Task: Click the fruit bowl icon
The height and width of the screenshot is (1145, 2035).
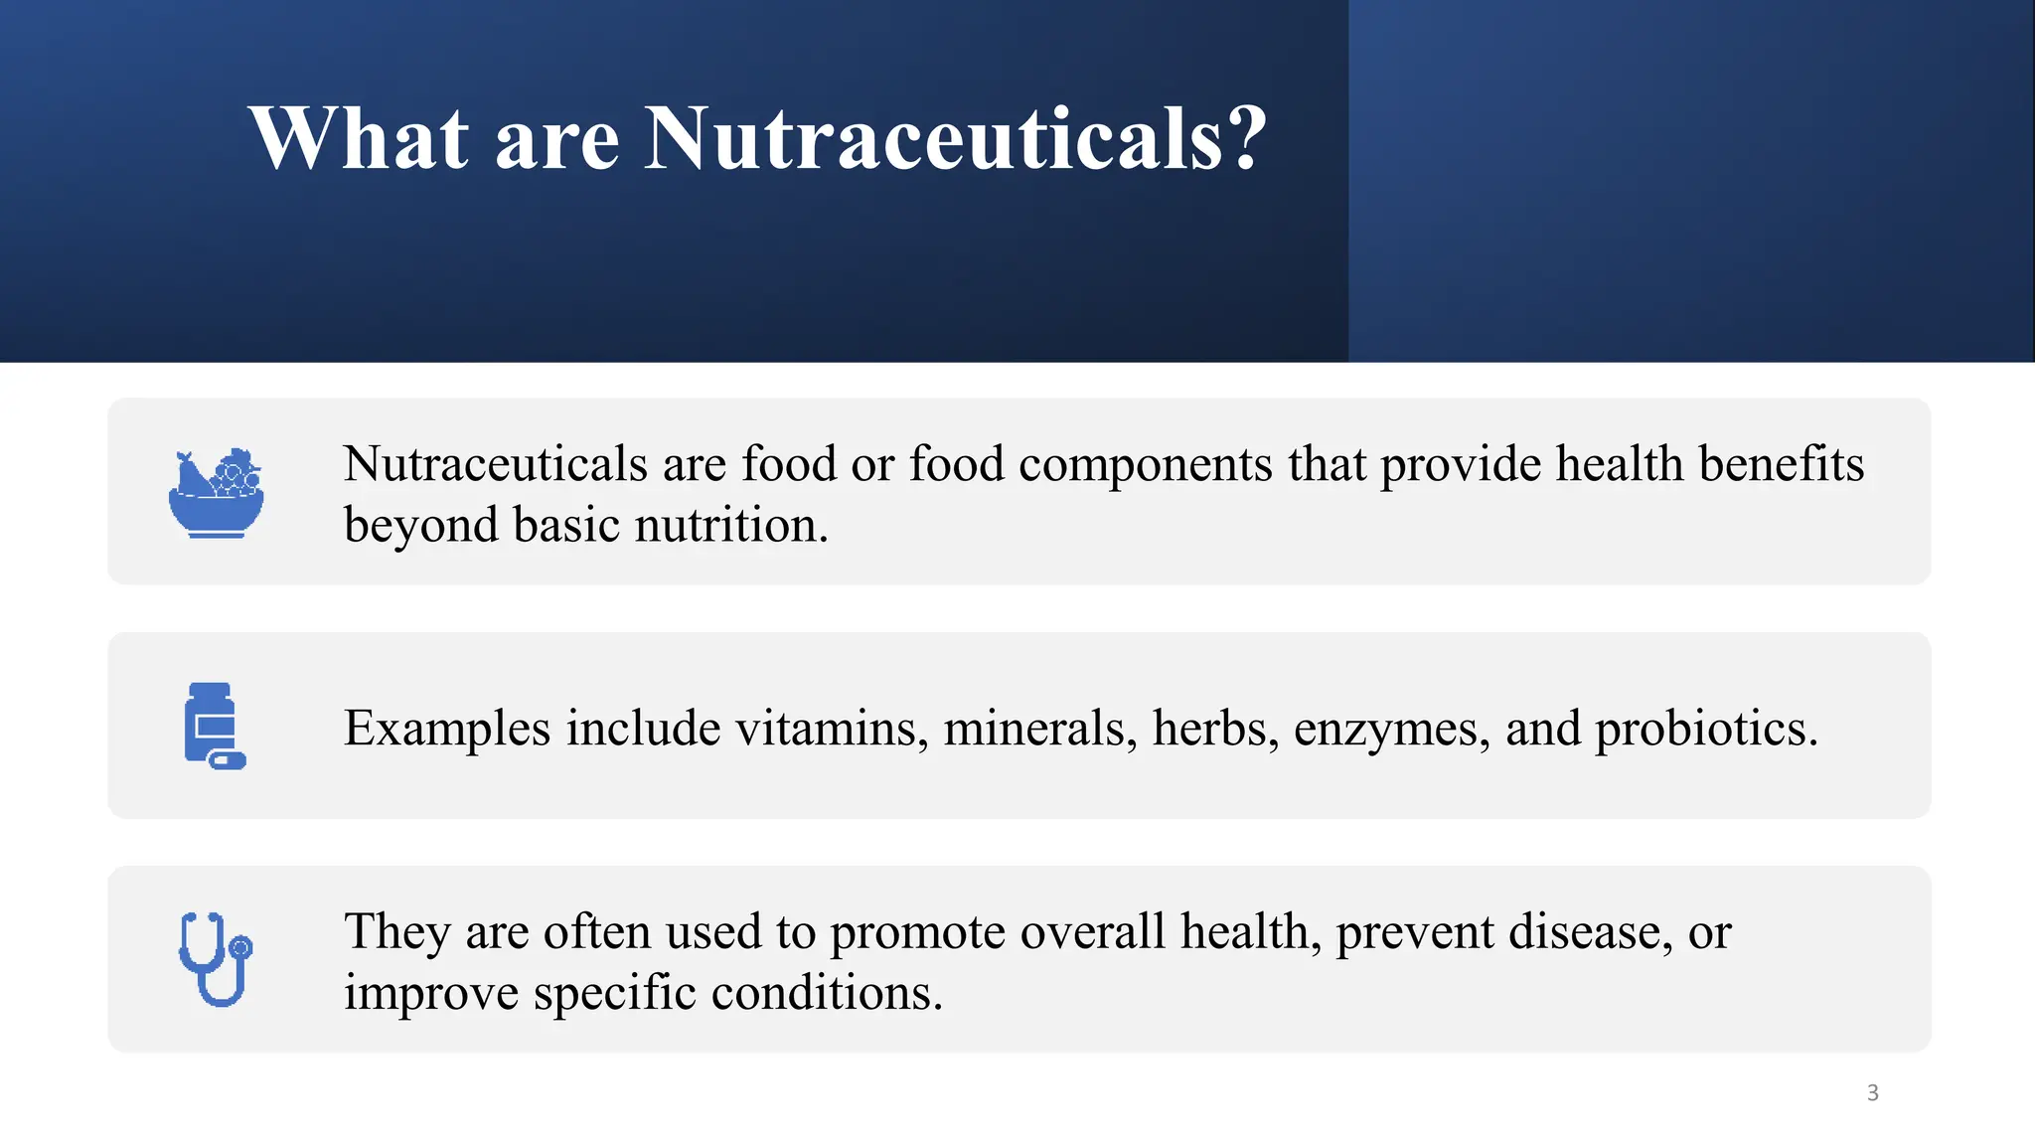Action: (216, 493)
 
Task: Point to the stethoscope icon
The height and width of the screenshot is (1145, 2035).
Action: (216, 959)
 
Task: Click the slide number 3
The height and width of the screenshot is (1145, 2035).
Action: (1872, 1093)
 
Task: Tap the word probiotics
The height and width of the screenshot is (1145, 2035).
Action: (1706, 729)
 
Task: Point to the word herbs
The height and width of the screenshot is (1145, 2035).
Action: (1215, 729)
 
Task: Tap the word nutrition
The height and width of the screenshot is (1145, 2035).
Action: (731, 525)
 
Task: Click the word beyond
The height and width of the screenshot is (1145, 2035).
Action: (421, 525)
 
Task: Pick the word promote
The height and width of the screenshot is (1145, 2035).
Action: (917, 932)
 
